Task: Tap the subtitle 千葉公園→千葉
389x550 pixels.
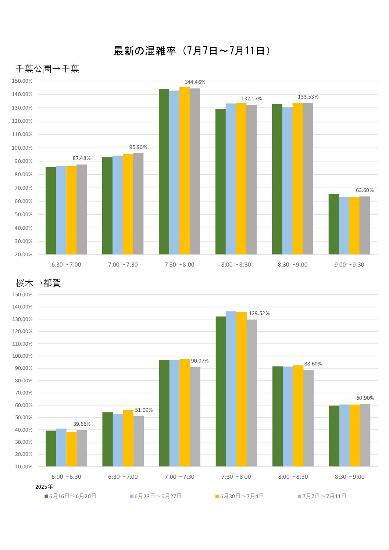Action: [x=47, y=69]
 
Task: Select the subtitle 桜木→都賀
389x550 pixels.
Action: [x=38, y=283]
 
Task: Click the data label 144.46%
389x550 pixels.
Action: [x=195, y=82]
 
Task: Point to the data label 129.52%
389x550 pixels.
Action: [x=259, y=313]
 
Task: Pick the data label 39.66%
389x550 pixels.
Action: [x=82, y=424]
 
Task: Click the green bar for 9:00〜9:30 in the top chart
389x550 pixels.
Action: [x=333, y=224]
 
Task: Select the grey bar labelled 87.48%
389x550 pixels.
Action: [x=82, y=210]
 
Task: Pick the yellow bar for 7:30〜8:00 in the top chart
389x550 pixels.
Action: [x=185, y=171]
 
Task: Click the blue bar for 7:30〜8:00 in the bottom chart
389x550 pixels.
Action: [x=231, y=389]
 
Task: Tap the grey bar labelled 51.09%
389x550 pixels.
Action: [x=139, y=441]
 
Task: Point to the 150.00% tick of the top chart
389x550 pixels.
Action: [x=22, y=81]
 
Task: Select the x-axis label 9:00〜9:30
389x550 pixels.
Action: [x=349, y=265]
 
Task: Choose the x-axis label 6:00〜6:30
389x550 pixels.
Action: [x=66, y=477]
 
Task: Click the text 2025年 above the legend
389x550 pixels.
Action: [x=44, y=487]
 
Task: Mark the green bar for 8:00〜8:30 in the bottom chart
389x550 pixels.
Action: [x=278, y=417]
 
